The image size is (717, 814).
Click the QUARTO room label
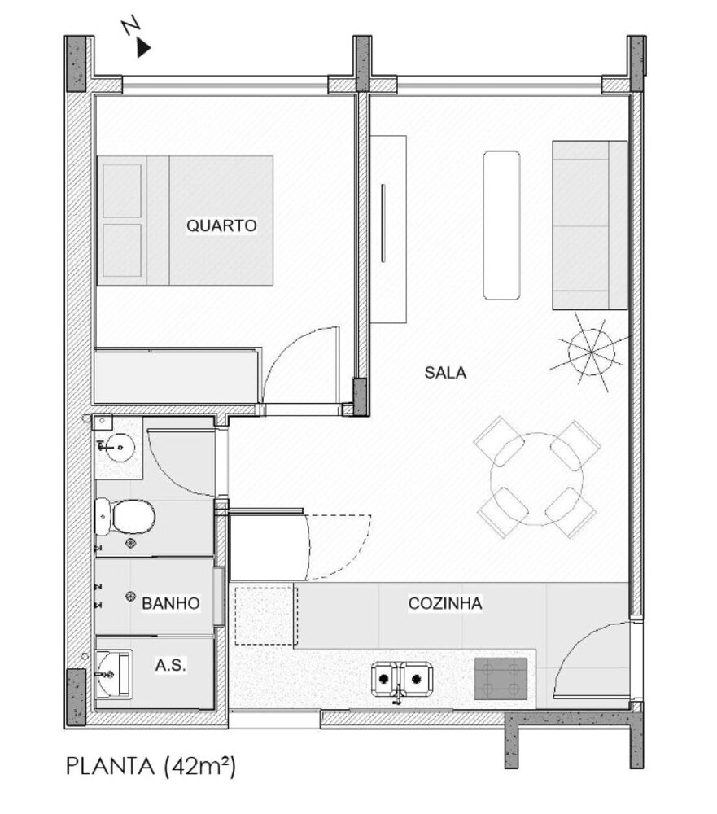point(221,225)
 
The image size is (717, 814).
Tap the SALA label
point(445,374)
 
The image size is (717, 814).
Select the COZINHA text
point(445,604)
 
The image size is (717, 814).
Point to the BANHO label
point(171,604)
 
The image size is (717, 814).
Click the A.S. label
point(171,665)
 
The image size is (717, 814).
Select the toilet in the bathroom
point(126,515)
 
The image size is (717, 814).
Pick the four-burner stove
point(500,678)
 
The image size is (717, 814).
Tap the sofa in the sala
point(590,225)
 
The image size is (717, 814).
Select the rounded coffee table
point(501,225)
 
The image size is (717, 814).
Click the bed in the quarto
point(186,221)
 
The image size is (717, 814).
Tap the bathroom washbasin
point(119,446)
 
